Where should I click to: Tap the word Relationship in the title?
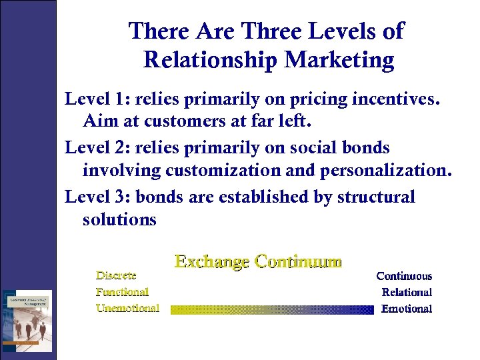point(211,61)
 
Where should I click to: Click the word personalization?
point(385,171)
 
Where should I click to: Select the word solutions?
point(119,219)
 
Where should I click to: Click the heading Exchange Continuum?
point(258,261)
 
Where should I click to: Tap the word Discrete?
point(116,275)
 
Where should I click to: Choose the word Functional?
point(122,291)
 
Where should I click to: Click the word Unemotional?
point(127,308)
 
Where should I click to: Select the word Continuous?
point(404,276)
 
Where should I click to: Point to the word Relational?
point(407,292)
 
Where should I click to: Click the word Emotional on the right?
point(407,309)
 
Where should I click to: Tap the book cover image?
point(26,319)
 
